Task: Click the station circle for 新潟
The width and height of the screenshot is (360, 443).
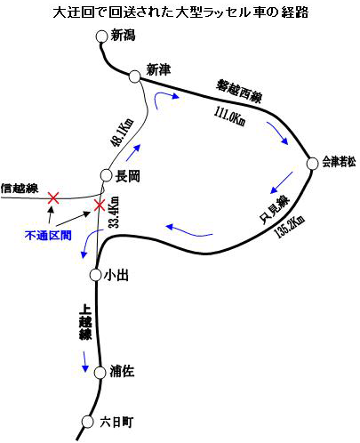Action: click(101, 36)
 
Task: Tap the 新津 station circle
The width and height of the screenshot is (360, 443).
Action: click(134, 77)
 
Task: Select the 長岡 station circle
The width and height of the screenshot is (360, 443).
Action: click(106, 175)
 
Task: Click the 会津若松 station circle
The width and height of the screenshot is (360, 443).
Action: click(312, 164)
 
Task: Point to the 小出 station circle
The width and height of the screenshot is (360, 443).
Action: click(95, 275)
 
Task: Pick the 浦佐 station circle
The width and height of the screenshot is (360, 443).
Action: click(100, 373)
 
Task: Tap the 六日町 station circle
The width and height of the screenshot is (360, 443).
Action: click(87, 422)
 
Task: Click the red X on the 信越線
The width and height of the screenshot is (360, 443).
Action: click(53, 198)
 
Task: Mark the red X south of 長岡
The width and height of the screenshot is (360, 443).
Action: click(99, 205)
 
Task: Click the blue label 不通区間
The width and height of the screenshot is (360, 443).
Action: click(48, 236)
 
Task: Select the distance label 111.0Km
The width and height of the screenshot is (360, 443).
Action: click(230, 117)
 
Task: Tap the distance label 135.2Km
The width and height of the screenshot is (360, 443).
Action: click(290, 227)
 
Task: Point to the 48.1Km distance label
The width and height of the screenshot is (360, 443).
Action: click(122, 133)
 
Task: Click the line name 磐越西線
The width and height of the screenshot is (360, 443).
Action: click(239, 91)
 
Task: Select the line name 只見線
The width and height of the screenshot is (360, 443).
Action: click(275, 210)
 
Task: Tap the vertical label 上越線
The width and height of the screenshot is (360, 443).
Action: click(85, 325)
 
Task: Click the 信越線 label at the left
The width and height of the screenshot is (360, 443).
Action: click(20, 189)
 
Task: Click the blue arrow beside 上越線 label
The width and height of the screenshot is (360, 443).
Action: click(85, 361)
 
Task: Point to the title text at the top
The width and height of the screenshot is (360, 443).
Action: click(180, 12)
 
